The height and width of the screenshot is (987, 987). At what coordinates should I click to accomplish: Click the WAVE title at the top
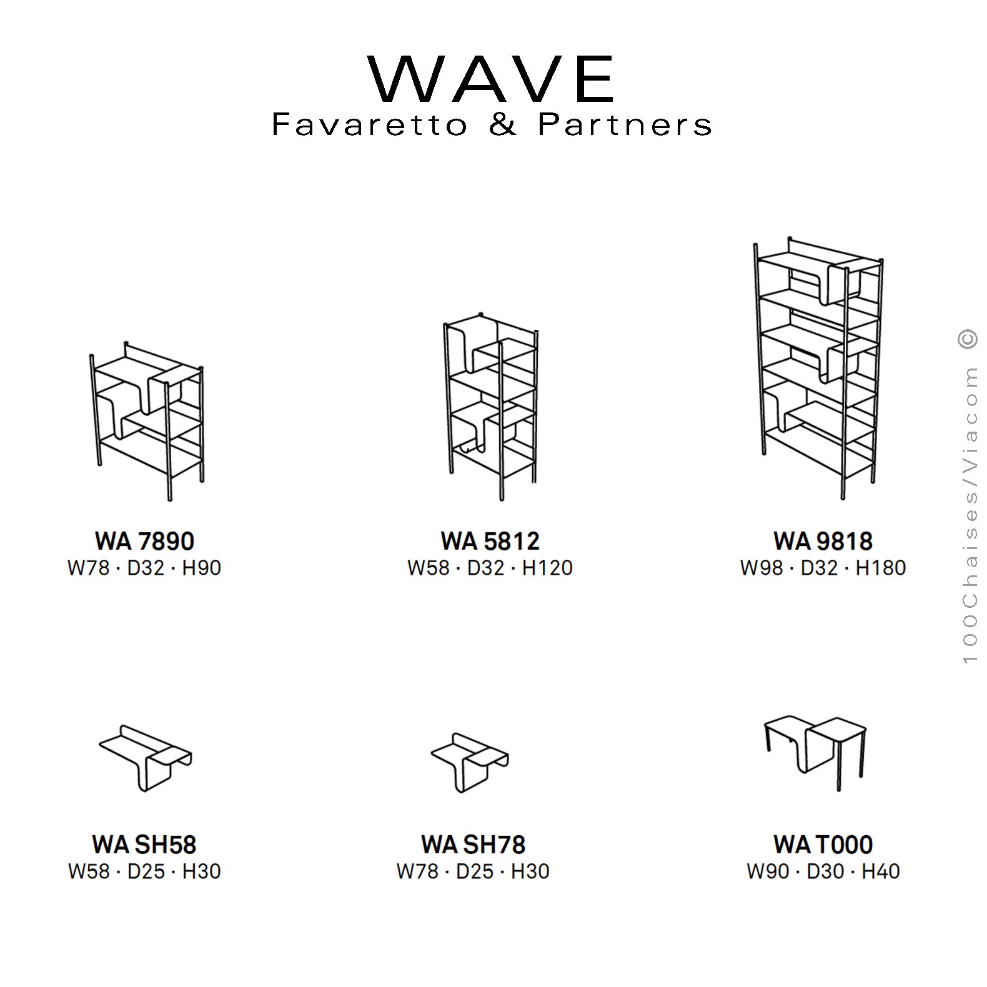pyautogui.click(x=492, y=79)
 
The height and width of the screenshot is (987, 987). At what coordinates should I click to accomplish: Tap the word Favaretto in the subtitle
pyautogui.click(x=369, y=124)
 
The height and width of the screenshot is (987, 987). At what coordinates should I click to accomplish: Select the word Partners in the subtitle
pyautogui.click(x=625, y=124)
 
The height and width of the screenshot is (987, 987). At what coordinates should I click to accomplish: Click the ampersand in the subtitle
pyautogui.click(x=503, y=124)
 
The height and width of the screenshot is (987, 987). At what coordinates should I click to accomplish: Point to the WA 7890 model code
pyautogui.click(x=144, y=541)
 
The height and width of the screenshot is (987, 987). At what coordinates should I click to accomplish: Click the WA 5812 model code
pyautogui.click(x=490, y=541)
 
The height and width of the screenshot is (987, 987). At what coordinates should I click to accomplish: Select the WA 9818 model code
pyautogui.click(x=823, y=541)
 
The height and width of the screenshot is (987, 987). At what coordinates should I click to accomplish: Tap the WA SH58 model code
pyautogui.click(x=144, y=845)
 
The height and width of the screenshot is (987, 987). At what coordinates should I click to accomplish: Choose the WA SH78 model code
pyautogui.click(x=473, y=845)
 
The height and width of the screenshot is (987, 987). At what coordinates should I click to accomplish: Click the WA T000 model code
pyautogui.click(x=823, y=845)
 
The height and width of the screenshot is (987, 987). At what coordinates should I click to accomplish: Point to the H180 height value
pyautogui.click(x=880, y=568)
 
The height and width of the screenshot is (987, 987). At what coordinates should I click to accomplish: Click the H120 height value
pyautogui.click(x=547, y=568)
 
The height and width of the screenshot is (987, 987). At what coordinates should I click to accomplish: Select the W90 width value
pyautogui.click(x=768, y=871)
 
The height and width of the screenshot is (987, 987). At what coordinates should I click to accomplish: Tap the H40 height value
pyautogui.click(x=881, y=871)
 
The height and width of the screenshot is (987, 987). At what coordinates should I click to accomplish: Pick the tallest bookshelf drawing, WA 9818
pyautogui.click(x=818, y=369)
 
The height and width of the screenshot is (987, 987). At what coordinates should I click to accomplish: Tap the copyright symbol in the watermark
pyautogui.click(x=968, y=338)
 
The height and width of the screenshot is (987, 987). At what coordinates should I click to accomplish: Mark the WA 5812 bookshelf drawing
pyautogui.click(x=491, y=406)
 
